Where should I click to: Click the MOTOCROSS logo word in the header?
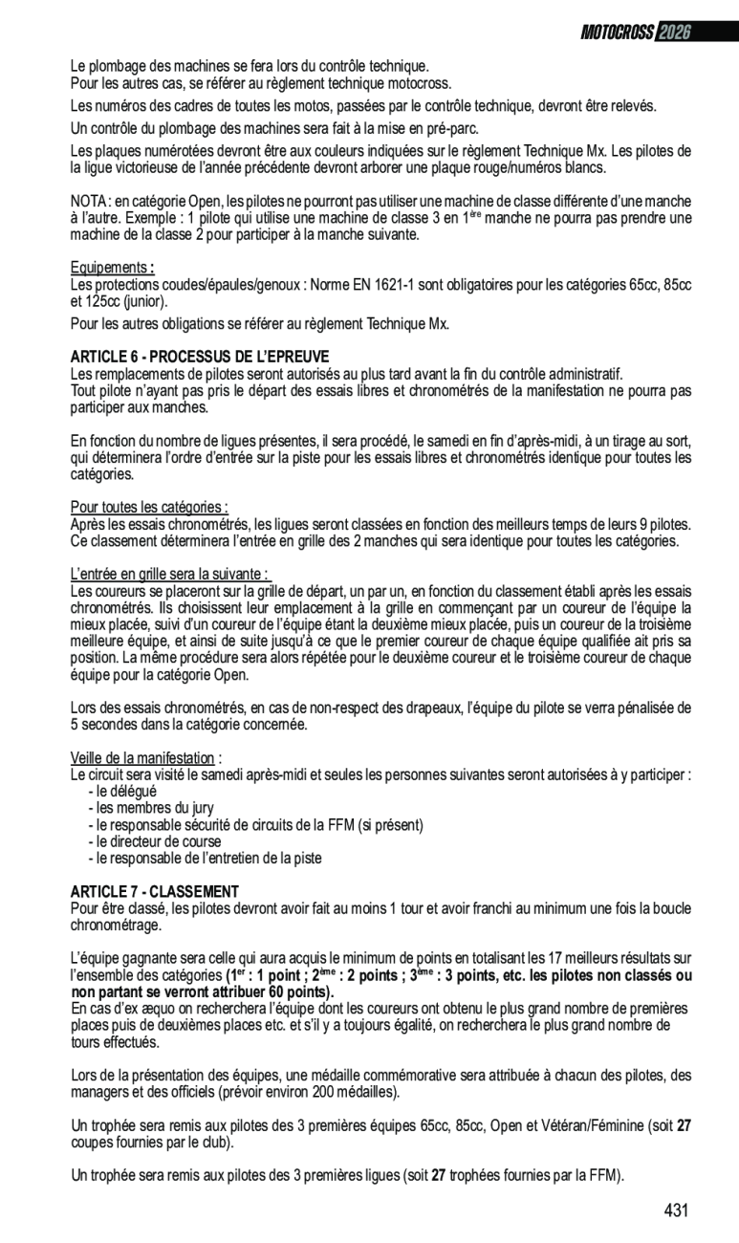618,33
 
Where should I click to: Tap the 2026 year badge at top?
673,33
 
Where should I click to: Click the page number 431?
676,1210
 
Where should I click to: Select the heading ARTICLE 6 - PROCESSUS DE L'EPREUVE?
199,357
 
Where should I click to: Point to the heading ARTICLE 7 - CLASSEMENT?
154,891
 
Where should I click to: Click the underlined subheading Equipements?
110,268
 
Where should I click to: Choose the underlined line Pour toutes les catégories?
149,507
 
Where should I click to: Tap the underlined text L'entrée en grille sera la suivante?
169,574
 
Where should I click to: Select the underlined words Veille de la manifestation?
144,758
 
